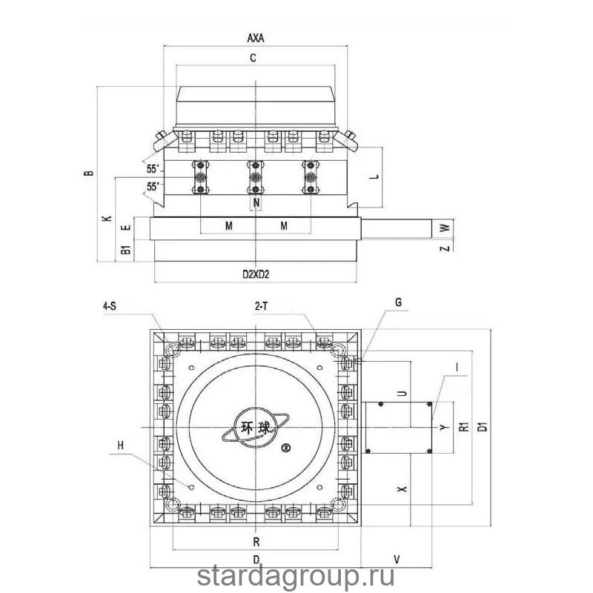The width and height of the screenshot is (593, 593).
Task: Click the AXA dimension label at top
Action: pyautogui.click(x=256, y=39)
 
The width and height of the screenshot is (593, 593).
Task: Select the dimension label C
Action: pyautogui.click(x=253, y=58)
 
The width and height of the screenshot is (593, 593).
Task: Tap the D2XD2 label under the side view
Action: pyautogui.click(x=256, y=274)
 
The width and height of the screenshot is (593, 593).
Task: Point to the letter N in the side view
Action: pyautogui.click(x=256, y=203)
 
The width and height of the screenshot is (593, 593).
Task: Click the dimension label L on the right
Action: pyautogui.click(x=374, y=176)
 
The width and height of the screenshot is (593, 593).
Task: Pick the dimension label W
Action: pyautogui.click(x=446, y=228)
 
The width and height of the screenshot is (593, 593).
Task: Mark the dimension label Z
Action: pyautogui.click(x=446, y=248)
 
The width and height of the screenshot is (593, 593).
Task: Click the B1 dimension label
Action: pyautogui.click(x=126, y=250)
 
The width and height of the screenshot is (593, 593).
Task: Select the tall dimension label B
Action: pyautogui.click(x=88, y=173)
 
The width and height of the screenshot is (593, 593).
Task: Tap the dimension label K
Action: pyautogui.click(x=107, y=219)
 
